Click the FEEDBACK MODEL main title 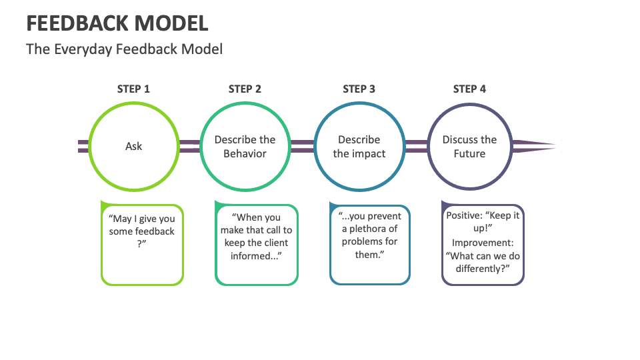tap(117, 23)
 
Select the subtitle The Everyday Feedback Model tap(124, 49)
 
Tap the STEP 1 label tap(133, 89)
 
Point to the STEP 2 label tap(245, 89)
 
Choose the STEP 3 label tap(359, 89)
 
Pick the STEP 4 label tap(469, 89)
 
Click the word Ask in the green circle tap(133, 146)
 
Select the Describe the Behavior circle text tap(245, 147)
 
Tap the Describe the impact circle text tap(359, 147)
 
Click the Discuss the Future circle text tap(469, 147)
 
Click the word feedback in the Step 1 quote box tap(155, 231)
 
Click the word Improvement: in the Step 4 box tap(483, 243)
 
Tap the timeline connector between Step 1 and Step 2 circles tap(189, 146)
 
